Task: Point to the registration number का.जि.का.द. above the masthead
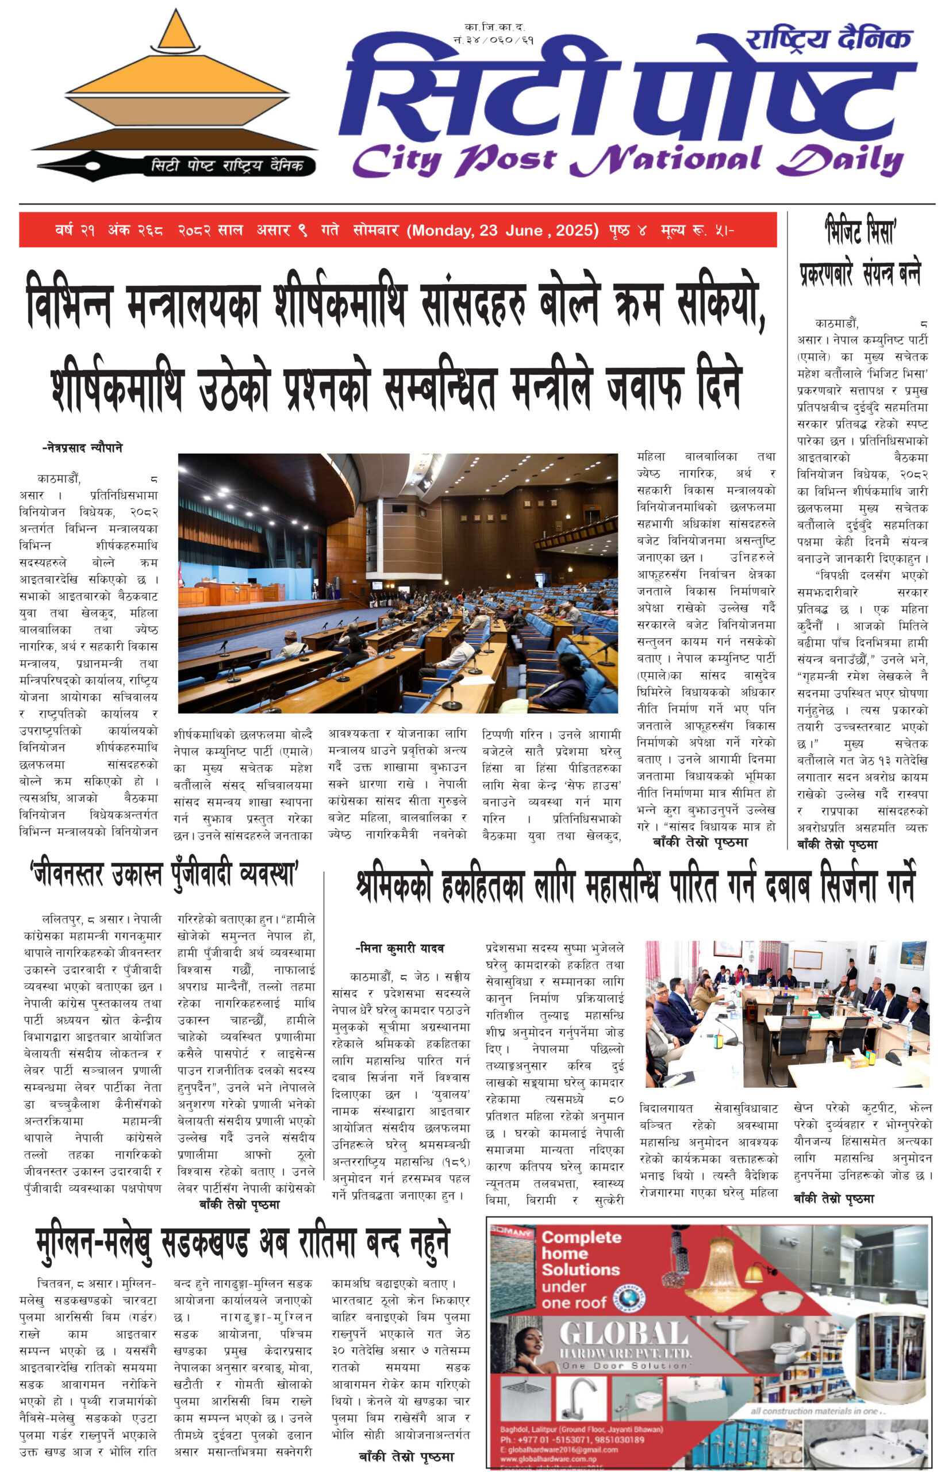pos(494,27)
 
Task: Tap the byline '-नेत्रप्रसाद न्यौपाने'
pos(82,447)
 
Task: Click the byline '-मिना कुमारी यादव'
pos(400,948)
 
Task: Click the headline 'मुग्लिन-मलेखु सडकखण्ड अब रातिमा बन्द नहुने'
pos(243,1242)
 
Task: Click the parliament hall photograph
pos(397,583)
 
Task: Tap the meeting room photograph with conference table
pos(786,1014)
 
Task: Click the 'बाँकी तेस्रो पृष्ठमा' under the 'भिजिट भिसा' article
pos(836,845)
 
